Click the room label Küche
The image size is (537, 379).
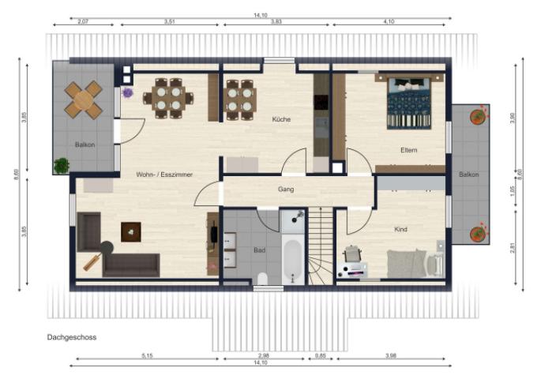click(x=281, y=119)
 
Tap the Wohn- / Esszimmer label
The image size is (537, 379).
click(x=164, y=174)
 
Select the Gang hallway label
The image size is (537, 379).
click(x=286, y=189)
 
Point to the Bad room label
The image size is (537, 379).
click(x=260, y=250)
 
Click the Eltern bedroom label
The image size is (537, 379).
click(x=409, y=150)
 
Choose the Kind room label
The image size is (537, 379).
click(x=400, y=230)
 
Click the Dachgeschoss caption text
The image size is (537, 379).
click(x=72, y=337)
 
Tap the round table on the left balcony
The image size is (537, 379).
click(x=84, y=100)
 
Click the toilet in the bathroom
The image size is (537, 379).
click(x=262, y=279)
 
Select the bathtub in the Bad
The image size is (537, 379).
click(x=293, y=261)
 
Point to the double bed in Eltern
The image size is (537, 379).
click(x=409, y=103)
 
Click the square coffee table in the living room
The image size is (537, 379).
click(x=131, y=232)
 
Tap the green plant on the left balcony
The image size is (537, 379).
click(x=62, y=166)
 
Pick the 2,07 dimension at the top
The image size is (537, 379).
click(x=83, y=21)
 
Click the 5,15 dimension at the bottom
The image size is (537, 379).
click(x=147, y=356)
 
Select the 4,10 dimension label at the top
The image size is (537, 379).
click(x=389, y=21)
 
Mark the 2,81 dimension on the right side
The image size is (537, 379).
click(x=513, y=248)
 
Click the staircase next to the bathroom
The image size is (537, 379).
click(x=321, y=246)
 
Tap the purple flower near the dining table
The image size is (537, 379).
click(x=127, y=92)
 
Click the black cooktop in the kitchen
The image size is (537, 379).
click(x=321, y=102)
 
